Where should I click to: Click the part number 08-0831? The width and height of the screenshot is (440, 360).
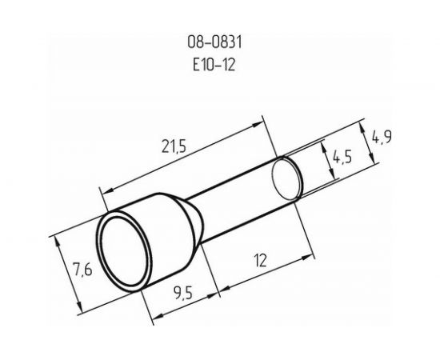[x=214, y=42]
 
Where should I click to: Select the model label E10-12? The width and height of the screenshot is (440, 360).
[x=214, y=65]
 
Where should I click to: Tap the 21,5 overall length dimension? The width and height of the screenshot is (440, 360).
[x=174, y=146]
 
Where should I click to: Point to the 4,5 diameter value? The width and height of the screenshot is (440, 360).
[x=342, y=158]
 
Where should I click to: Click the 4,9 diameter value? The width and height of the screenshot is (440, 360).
[x=382, y=138]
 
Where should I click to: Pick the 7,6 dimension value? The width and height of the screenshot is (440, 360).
[x=82, y=270]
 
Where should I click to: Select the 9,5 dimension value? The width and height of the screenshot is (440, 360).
[x=183, y=294]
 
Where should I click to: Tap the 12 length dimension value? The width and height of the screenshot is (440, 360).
[x=260, y=260]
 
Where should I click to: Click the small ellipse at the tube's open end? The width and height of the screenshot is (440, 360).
[x=287, y=178]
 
